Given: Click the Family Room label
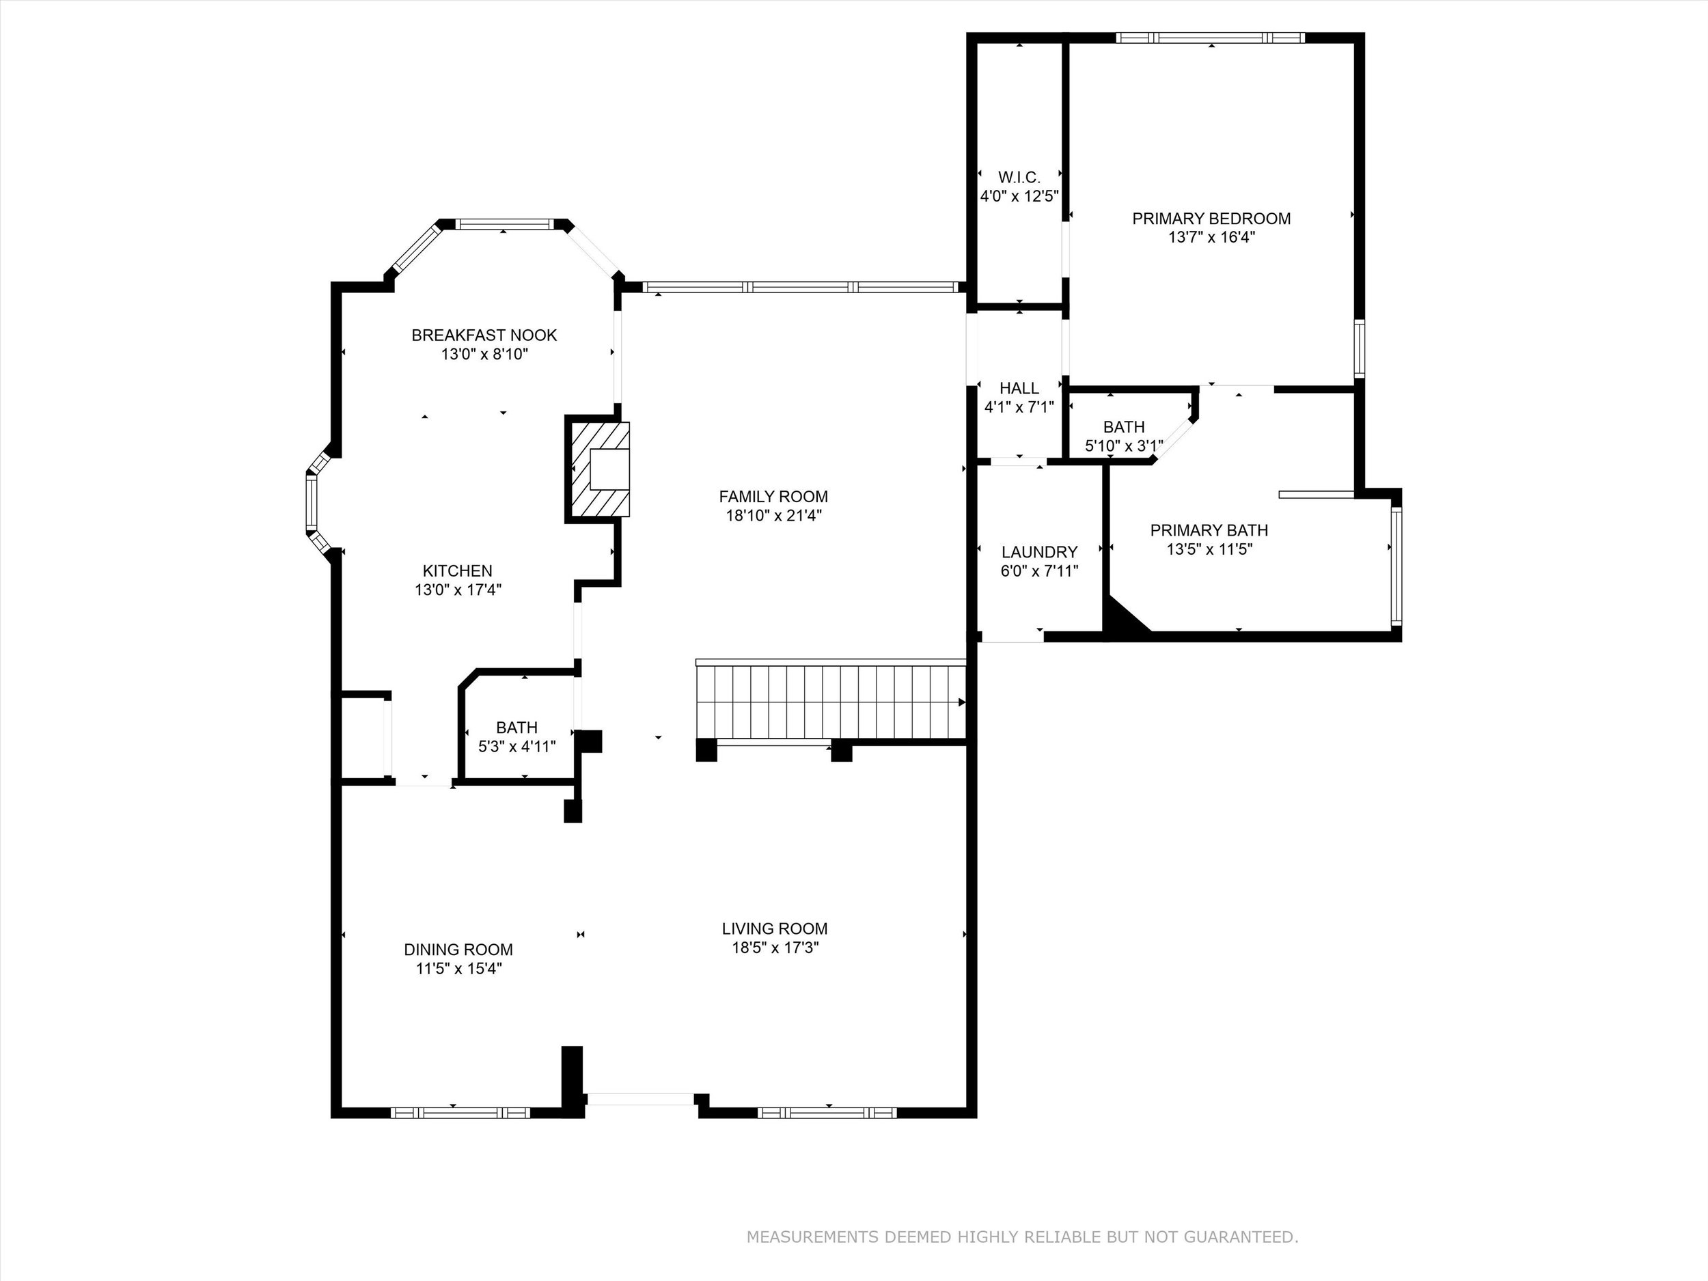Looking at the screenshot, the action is click(773, 497).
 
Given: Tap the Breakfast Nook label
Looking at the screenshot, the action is click(484, 335).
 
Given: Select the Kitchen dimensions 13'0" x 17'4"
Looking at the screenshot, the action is click(458, 590).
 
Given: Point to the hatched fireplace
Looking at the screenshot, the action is click(598, 469).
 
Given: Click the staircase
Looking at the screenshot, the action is click(831, 701).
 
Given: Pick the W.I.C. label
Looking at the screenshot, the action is click(1019, 177).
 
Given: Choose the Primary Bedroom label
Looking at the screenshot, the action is click(1211, 219).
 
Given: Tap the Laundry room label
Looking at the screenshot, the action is click(1039, 552).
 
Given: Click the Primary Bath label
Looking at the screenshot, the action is click(1209, 530).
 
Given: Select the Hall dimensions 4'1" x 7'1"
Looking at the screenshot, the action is click(1019, 407).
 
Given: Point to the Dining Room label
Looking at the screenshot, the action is click(458, 950).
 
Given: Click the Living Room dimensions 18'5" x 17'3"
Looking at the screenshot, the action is click(775, 948).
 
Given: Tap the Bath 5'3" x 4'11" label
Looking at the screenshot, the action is click(517, 737).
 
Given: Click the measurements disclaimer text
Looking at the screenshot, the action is click(1022, 1237).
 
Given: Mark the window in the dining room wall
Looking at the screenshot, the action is click(460, 1113).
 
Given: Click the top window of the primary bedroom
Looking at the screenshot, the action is click(1210, 37).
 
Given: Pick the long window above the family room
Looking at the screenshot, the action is click(801, 287).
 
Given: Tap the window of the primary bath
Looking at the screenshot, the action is click(1396, 565).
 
